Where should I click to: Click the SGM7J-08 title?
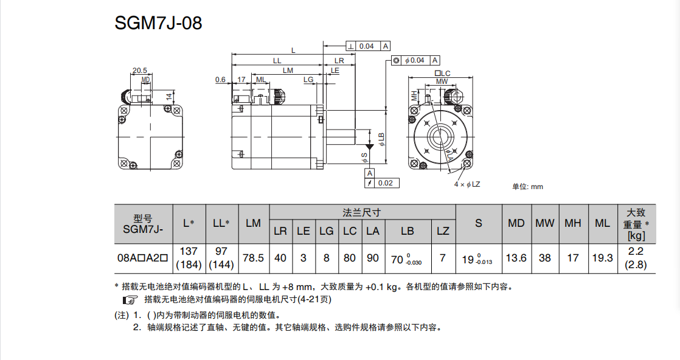tap(158, 23)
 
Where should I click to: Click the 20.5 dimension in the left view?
tap(139, 71)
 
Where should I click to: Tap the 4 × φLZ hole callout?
tap(467, 184)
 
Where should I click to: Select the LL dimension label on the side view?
tap(277, 61)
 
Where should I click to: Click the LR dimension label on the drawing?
tap(339, 61)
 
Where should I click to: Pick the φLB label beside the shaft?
tap(381, 139)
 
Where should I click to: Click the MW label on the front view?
tap(442, 81)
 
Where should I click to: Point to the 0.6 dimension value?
tap(220, 80)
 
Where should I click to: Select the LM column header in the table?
tap(253, 223)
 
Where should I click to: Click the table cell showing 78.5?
tap(253, 258)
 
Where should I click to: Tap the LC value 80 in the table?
tap(350, 258)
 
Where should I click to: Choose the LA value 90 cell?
tap(373, 258)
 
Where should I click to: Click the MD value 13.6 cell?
tap(516, 258)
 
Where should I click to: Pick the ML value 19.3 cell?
tap(602, 258)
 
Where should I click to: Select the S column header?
tap(479, 223)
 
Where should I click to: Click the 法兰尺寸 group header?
tap(362, 212)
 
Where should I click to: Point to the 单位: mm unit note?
tap(527, 187)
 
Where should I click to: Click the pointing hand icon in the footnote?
tap(130, 299)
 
